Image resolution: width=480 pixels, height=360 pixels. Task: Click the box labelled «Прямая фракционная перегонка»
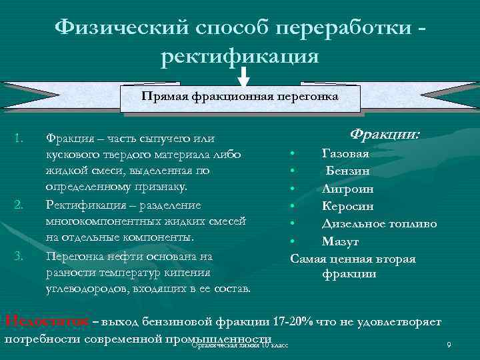240,97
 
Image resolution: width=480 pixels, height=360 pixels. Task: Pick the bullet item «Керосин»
347,205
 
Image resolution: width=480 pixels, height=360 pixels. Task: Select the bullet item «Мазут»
341,240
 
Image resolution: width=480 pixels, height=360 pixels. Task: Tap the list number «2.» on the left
19,204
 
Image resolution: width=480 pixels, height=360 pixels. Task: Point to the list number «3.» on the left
19,255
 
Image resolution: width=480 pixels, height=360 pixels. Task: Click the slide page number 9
449,345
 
